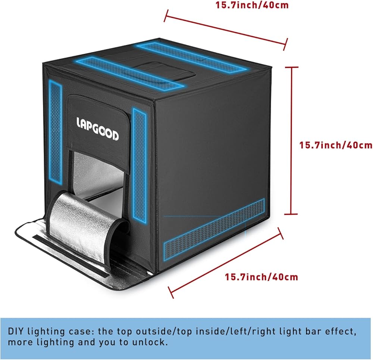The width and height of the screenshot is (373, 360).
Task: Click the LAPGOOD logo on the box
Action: coord(97,129)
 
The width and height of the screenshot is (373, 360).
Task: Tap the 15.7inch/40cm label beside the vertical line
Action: coord(336,145)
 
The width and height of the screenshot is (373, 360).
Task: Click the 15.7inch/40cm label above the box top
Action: coord(252,5)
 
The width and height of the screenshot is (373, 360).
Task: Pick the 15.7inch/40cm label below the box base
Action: coord(261,277)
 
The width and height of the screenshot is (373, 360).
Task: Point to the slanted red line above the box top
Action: coord(225,29)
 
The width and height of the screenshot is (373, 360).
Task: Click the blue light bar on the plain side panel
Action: coord(214,226)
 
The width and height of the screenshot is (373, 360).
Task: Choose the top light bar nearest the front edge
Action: coord(132,72)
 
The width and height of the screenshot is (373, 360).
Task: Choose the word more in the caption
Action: coord(19,342)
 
